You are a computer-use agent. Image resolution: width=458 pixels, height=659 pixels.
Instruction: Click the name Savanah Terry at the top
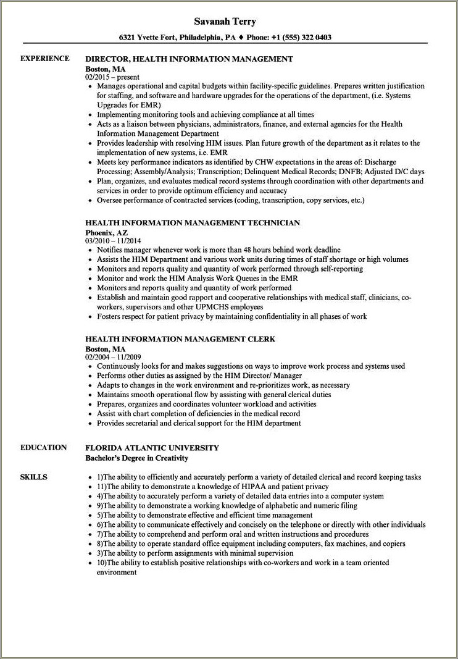(x=229, y=22)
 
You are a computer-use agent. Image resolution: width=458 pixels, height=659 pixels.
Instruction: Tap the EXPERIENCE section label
(x=44, y=59)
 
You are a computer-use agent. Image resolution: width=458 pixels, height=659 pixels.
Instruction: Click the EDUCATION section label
(x=43, y=448)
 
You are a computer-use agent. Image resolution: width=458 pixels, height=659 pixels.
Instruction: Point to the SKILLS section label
(x=33, y=477)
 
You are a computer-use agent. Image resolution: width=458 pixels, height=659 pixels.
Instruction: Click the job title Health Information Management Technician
(x=193, y=222)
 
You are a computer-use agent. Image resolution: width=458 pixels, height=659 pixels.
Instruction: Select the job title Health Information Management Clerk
(x=180, y=339)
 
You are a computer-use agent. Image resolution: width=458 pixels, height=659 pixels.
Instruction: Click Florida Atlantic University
(x=152, y=448)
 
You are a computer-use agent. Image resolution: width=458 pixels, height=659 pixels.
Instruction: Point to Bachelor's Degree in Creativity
(x=136, y=458)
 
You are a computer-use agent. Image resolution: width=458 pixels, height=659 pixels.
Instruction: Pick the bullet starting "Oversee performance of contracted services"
(x=230, y=200)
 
